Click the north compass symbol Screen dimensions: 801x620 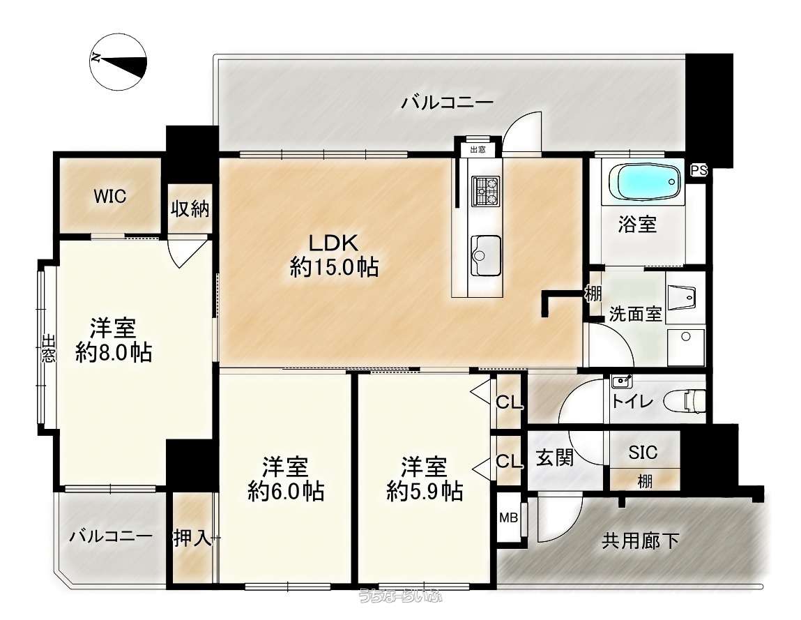pos(118,61)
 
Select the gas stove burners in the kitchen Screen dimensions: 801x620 pos(486,190)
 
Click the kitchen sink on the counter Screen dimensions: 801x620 pos(485,255)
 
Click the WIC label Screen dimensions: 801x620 pos(110,196)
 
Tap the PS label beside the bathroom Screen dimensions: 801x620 pos(699,171)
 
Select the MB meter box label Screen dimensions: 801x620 pos(508,517)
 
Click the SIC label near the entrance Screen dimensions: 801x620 pos(643,452)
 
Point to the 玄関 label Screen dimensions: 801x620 pos(554,458)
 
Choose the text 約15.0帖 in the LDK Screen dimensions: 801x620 pos(334,267)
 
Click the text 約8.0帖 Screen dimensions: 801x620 pos(114,352)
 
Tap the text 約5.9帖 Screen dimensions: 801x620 pos(425,491)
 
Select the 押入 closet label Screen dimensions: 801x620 pos(192,538)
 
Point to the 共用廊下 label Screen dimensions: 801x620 pos(641,540)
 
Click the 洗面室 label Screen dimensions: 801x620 pos(636,313)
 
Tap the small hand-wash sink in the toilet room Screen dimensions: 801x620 pos(622,381)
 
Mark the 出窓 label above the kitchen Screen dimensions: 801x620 pos(478,149)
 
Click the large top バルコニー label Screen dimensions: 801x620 pos(447,103)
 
